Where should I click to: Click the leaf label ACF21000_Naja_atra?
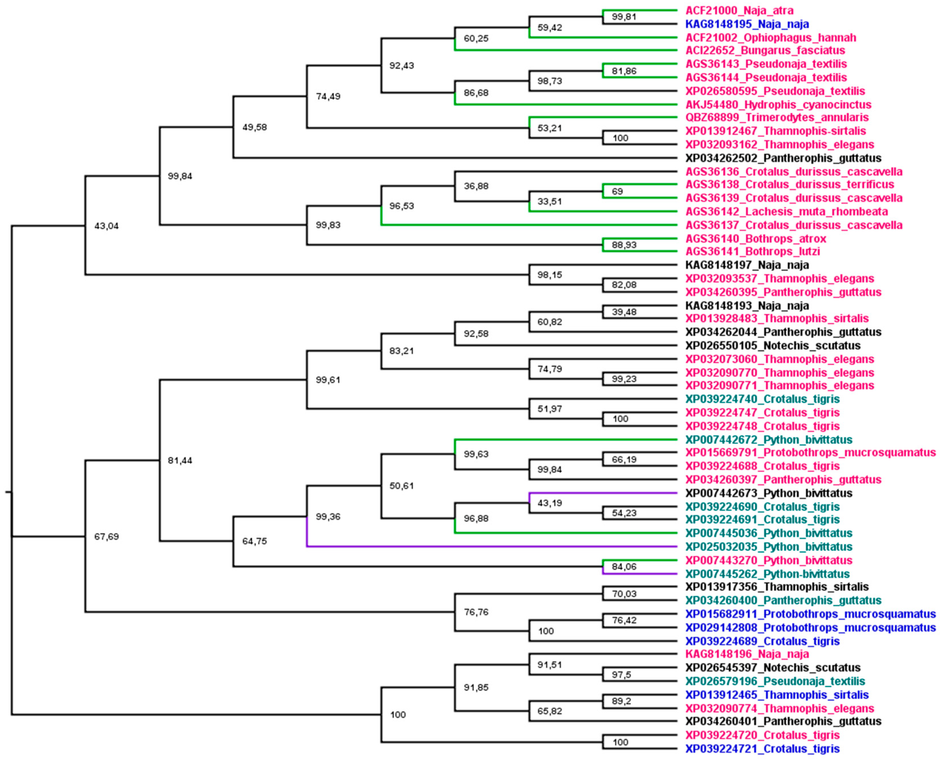pos(739,11)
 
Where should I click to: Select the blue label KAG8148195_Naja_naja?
pos(747,24)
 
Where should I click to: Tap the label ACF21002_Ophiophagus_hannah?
pos(771,38)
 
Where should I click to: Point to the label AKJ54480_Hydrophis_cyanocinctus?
pos(778,105)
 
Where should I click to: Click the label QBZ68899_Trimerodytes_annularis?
pos(777,117)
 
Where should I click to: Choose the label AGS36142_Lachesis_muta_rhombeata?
pos(786,211)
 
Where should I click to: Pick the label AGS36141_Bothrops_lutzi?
pos(752,251)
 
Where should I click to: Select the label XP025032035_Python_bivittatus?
pos(768,547)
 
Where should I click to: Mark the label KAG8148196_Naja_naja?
pos(747,654)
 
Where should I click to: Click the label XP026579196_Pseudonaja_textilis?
pos(775,681)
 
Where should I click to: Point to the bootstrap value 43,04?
pos(106,226)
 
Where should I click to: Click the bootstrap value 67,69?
pos(106,537)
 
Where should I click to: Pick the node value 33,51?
pos(549,201)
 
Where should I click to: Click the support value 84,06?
pos(624,567)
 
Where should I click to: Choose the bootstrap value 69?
pos(617,191)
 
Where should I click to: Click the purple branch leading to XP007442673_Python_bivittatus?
pos(604,493)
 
